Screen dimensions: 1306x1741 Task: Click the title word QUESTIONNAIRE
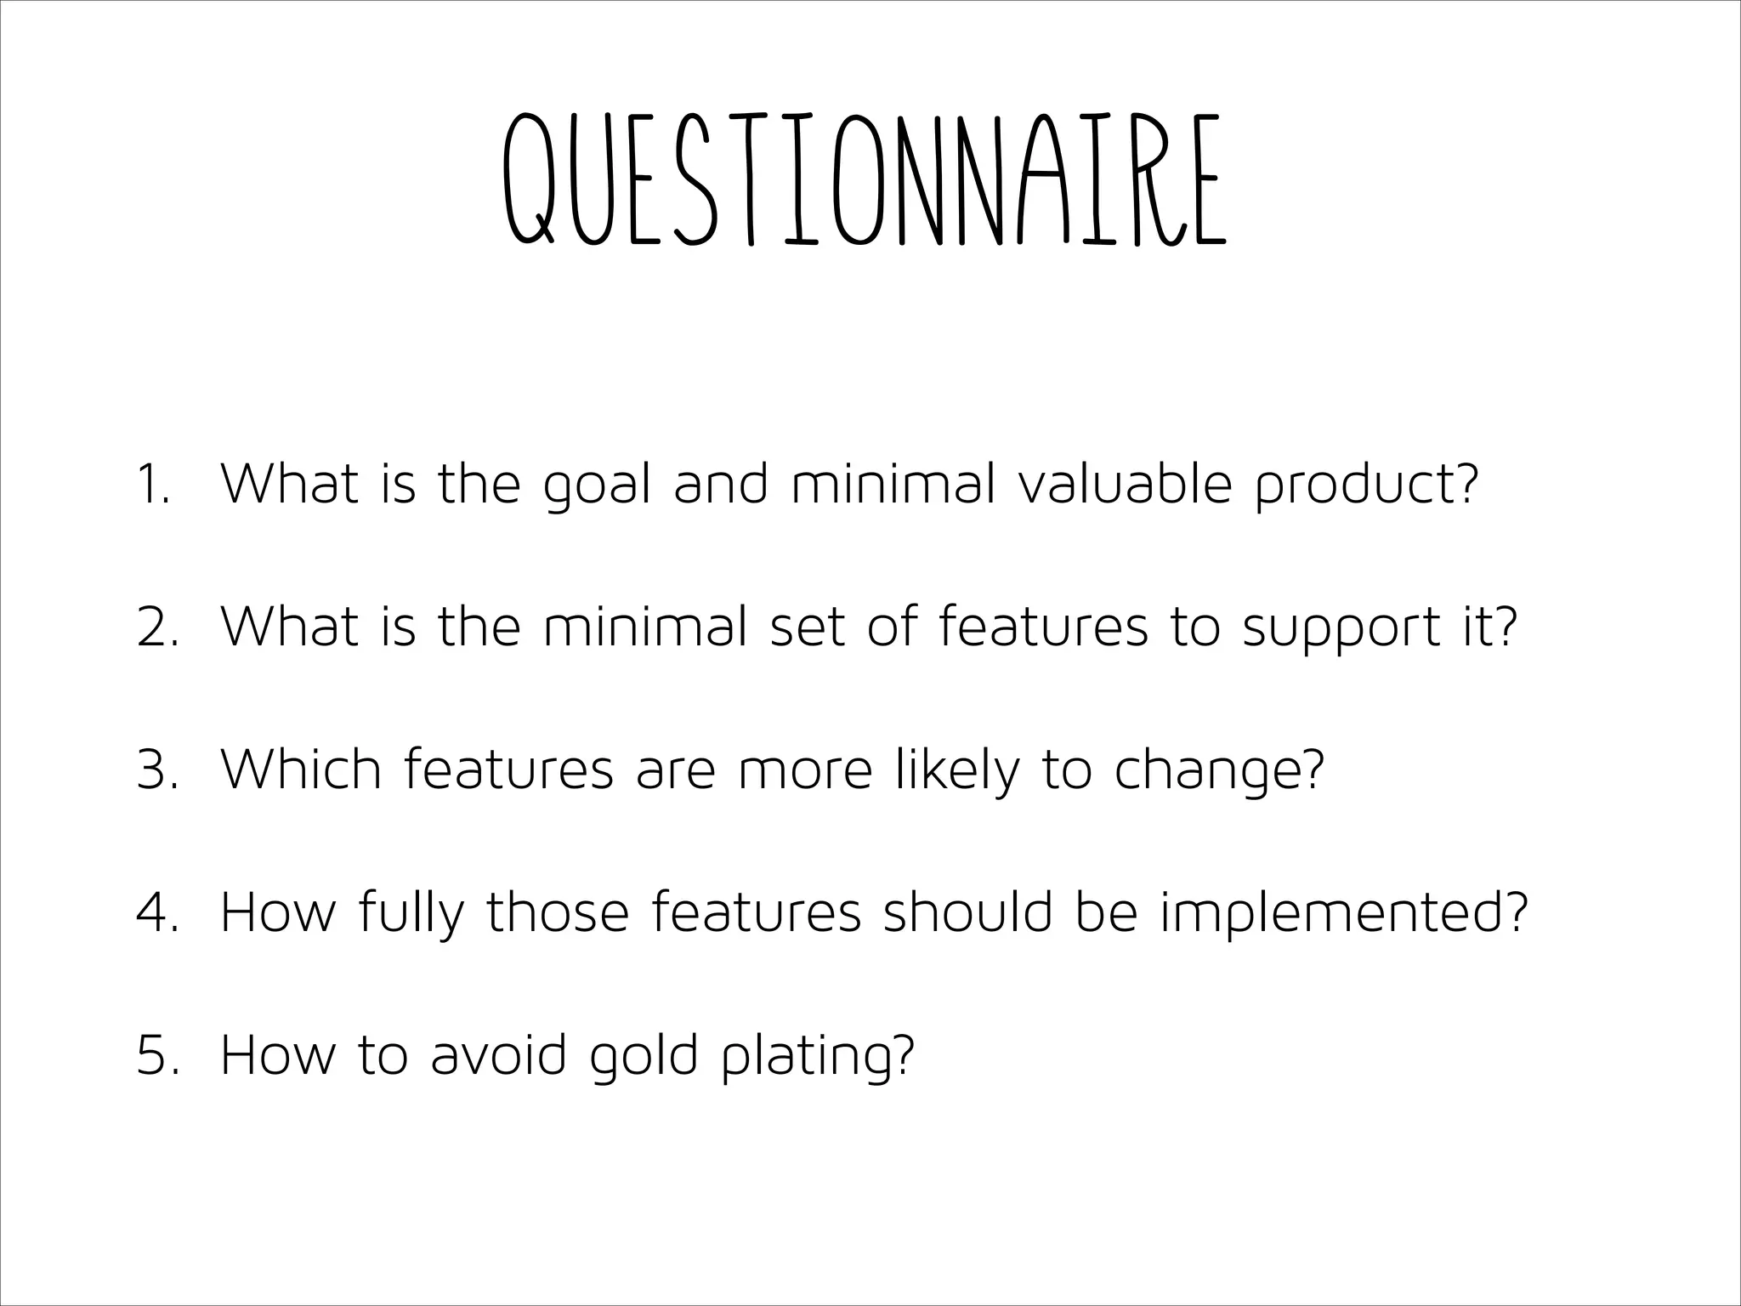864,180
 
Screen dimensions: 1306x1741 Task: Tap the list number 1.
154,485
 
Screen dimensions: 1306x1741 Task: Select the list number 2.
157,627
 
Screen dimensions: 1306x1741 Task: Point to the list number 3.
157,770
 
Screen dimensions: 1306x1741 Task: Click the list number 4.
157,913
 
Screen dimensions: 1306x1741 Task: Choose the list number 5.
157,1056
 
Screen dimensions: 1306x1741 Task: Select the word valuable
1124,483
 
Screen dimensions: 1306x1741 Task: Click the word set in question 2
808,627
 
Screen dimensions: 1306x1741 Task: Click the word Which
301,769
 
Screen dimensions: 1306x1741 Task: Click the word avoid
498,1054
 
